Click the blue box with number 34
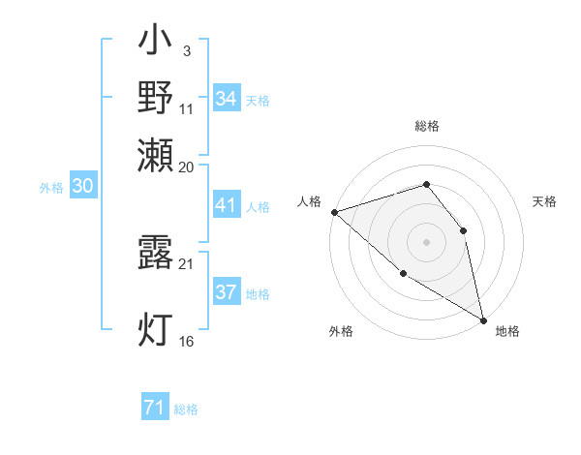click(x=227, y=98)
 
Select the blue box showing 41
click(x=227, y=205)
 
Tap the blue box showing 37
click(x=227, y=292)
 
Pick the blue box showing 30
click(x=82, y=187)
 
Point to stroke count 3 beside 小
click(x=186, y=51)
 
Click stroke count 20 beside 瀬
click(x=187, y=166)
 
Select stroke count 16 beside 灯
click(x=187, y=341)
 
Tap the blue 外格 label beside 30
click(x=51, y=188)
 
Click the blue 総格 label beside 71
click(x=186, y=409)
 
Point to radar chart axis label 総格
click(x=426, y=127)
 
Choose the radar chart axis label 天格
click(x=544, y=201)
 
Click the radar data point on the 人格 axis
click(x=334, y=211)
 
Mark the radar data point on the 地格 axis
click(x=483, y=319)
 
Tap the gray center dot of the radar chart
click(x=426, y=241)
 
